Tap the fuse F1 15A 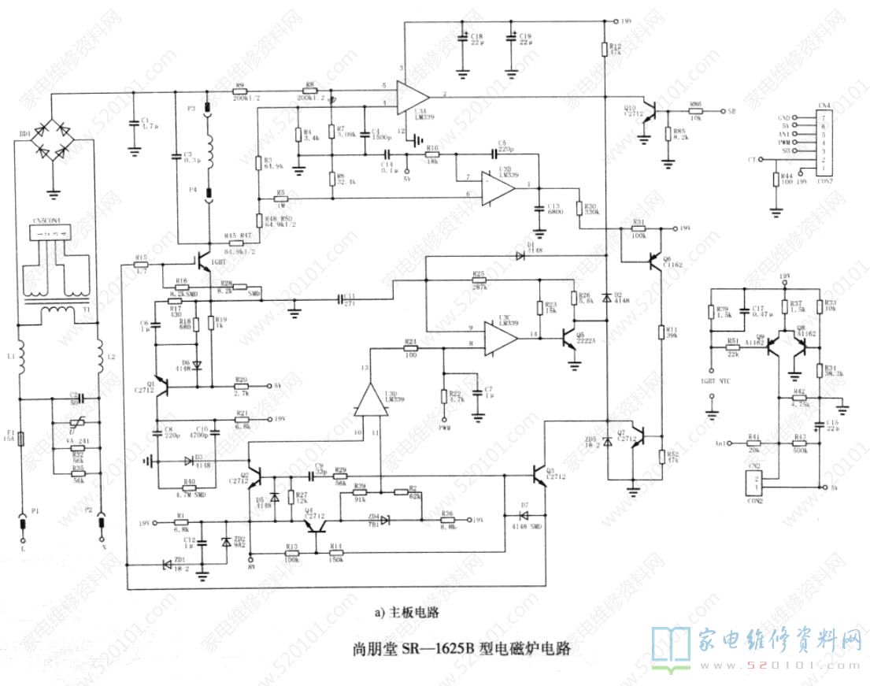coord(22,439)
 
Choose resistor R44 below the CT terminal coord(777,182)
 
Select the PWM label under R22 coord(445,428)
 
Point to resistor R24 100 coord(409,347)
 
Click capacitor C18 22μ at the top coord(462,39)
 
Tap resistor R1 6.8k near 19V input coord(181,521)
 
